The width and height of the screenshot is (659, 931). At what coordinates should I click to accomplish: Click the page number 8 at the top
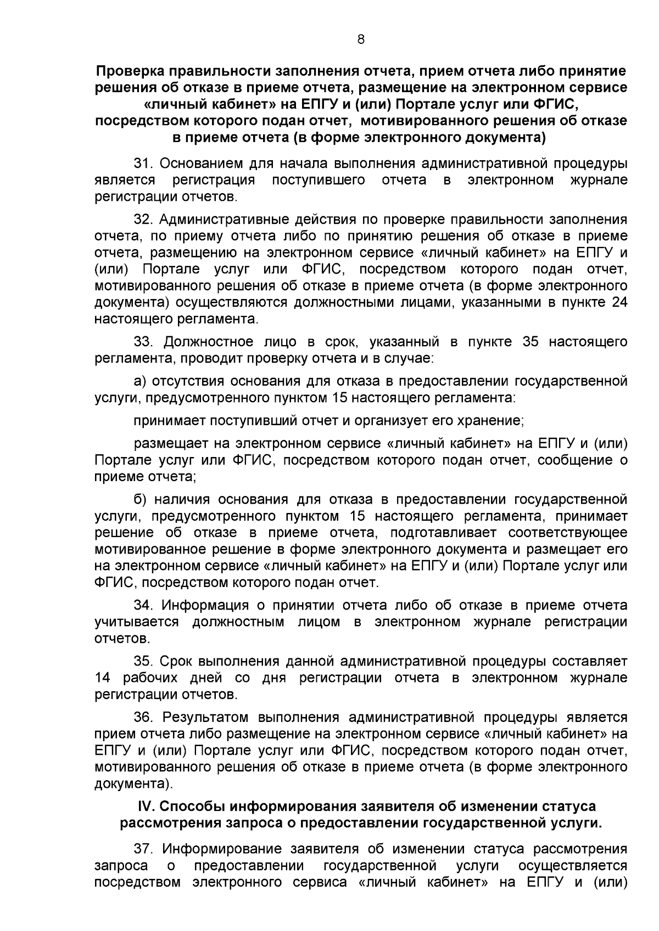[360, 39]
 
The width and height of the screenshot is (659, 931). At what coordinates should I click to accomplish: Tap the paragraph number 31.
[143, 164]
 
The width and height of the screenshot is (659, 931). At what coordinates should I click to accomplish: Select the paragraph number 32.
[143, 220]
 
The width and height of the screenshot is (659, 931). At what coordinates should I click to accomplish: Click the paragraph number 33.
[143, 342]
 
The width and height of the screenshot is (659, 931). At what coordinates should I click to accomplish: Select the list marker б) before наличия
[140, 499]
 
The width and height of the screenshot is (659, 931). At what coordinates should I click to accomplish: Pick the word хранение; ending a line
[492, 421]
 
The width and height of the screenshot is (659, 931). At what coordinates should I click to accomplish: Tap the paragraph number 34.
[143, 605]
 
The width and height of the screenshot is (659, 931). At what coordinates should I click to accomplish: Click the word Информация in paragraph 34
[202, 605]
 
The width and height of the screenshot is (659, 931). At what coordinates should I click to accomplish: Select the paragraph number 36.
[143, 717]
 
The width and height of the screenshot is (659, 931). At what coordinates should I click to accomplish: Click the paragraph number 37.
[143, 849]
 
